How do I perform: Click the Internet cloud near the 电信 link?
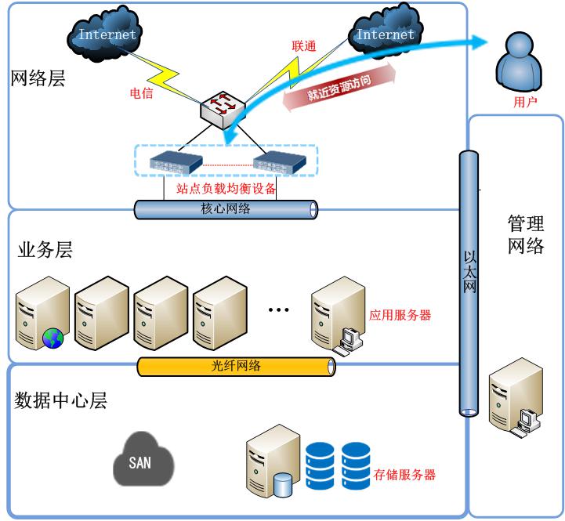click(107, 34)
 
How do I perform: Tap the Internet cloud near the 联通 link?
click(385, 34)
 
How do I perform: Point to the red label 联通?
click(304, 46)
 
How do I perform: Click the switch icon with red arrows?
click(223, 110)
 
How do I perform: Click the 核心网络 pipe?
click(226, 209)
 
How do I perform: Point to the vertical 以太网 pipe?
click(469, 282)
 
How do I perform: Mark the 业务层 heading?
click(45, 250)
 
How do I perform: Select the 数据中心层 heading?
click(61, 401)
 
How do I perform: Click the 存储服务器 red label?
click(404, 474)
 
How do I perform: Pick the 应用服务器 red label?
click(400, 316)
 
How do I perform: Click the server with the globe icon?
click(42, 312)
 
